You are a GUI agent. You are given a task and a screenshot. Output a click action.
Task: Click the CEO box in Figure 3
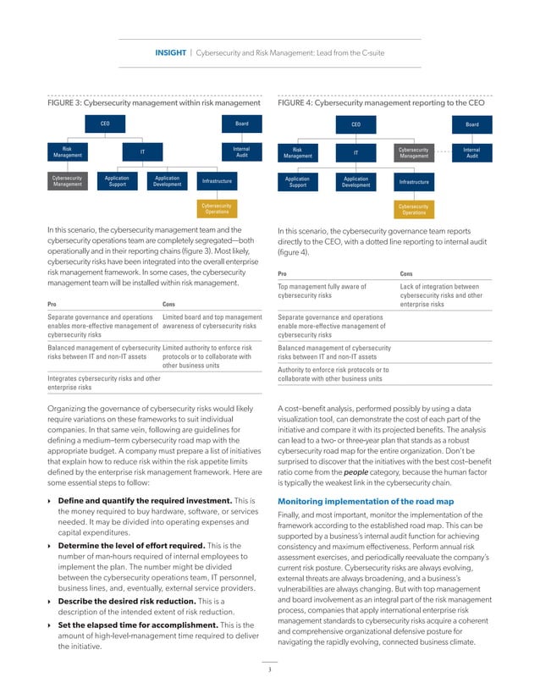[x=105, y=124]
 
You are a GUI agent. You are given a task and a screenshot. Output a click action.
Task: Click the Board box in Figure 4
[x=471, y=124]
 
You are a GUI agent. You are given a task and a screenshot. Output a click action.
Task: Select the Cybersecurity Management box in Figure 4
[x=414, y=153]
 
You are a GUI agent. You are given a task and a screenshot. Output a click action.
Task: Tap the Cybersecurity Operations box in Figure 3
[x=216, y=208]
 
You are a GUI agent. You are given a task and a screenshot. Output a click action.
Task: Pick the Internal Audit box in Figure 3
[x=241, y=153]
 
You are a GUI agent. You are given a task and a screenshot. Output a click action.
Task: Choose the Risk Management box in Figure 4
[x=298, y=153]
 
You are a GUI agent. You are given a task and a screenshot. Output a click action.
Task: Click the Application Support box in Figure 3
[x=117, y=182]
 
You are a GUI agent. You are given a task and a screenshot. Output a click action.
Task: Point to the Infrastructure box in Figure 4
[x=414, y=182]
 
